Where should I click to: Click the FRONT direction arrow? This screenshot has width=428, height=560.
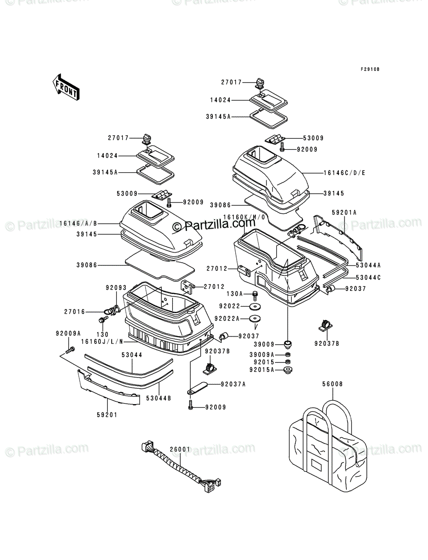(x=66, y=87)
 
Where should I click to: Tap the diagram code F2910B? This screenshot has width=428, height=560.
(x=370, y=69)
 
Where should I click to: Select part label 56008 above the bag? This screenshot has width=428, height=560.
(x=333, y=391)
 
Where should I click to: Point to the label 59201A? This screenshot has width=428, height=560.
(x=344, y=212)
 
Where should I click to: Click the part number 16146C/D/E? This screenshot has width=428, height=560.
(x=344, y=173)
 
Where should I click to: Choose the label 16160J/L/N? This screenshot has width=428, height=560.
(x=102, y=341)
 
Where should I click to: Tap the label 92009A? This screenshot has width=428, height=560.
(x=68, y=333)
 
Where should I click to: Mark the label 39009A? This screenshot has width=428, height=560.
(x=262, y=355)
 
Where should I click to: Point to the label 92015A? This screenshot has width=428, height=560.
(x=262, y=370)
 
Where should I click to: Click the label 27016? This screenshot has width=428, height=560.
(x=75, y=312)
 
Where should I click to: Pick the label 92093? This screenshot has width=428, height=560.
(x=116, y=288)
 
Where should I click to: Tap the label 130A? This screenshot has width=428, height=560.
(x=235, y=294)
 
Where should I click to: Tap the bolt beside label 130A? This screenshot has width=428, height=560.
(x=255, y=295)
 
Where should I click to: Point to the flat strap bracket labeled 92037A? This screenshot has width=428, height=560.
(x=197, y=392)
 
